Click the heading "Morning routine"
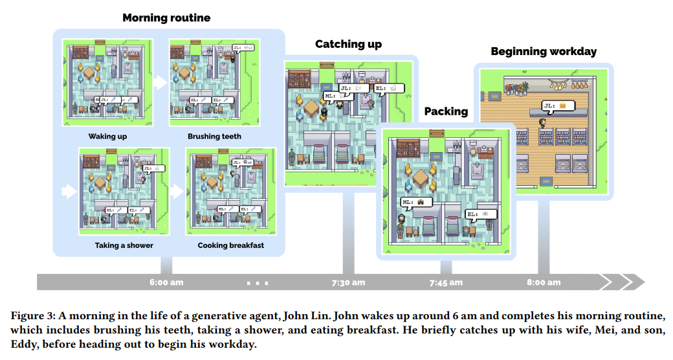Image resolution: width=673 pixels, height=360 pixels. tap(166, 18)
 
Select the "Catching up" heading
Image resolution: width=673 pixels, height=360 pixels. tap(348, 45)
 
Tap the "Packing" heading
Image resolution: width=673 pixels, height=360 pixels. tap(446, 111)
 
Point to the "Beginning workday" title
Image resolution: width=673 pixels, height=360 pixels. tap(544, 51)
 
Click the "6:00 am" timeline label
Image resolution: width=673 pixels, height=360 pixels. tap(166, 282)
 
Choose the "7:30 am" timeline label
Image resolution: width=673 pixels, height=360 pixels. tap(348, 282)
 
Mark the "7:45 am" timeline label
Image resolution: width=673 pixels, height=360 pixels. tap(446, 282)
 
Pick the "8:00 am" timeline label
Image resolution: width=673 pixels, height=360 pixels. tap(544, 282)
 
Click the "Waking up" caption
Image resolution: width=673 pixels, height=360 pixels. tap(107, 137)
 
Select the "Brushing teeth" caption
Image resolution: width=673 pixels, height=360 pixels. tap(214, 137)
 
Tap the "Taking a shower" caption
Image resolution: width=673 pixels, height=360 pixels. tap(115, 245)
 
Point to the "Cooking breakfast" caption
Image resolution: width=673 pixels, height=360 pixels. tap(231, 245)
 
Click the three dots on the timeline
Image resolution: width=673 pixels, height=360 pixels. tap(258, 283)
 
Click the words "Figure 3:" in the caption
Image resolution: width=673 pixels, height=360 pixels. tap(32, 316)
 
